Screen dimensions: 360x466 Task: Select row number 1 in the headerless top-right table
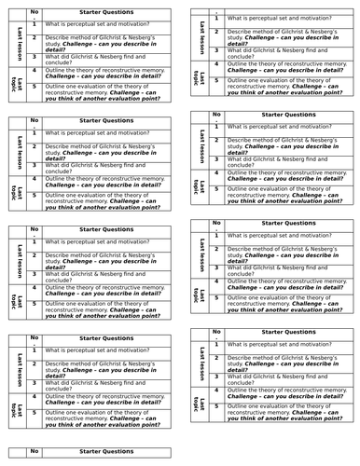pos(216,19)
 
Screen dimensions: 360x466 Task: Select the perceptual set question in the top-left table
pos(94,24)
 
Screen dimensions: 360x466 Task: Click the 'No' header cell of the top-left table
pos(35,12)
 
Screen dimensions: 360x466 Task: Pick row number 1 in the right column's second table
pos(216,128)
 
